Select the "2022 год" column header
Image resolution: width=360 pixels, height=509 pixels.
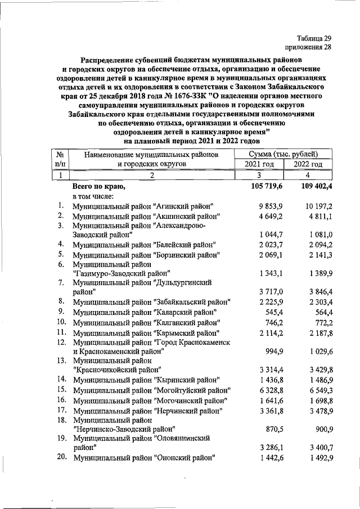308,164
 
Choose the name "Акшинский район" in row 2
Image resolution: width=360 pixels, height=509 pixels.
186,217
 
